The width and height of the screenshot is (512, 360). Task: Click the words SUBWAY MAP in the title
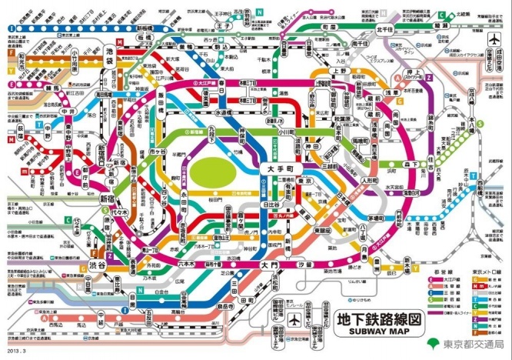(x=380, y=332)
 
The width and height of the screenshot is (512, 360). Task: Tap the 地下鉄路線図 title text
(x=380, y=317)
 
